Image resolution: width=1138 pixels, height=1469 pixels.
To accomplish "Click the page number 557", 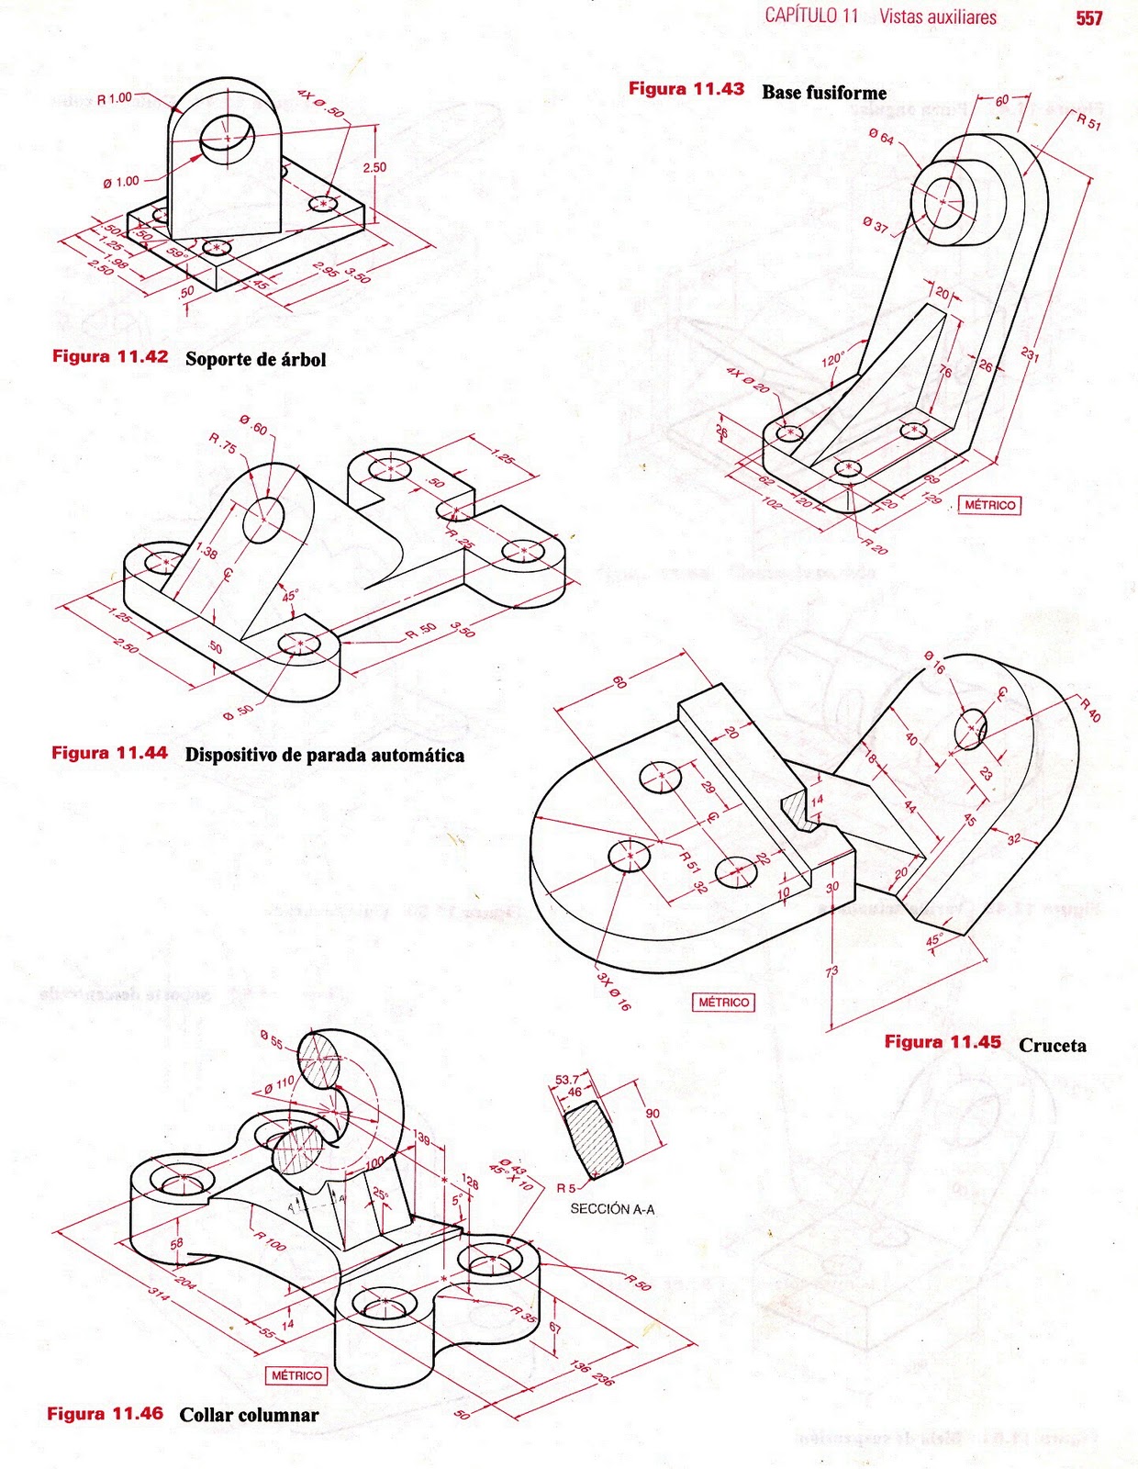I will pyautogui.click(x=1088, y=18).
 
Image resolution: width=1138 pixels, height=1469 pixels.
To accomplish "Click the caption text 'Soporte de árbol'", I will pyautogui.click(x=255, y=359).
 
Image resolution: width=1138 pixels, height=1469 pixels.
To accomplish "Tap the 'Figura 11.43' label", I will pyautogui.click(x=686, y=89).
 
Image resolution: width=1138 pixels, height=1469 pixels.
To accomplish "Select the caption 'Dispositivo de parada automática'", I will pyautogui.click(x=324, y=755).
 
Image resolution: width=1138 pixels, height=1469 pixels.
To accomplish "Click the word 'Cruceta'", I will pyautogui.click(x=1052, y=1045).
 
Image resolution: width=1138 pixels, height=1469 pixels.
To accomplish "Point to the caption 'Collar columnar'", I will pyautogui.click(x=249, y=1414).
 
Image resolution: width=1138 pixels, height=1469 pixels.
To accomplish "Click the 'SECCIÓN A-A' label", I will pyautogui.click(x=612, y=1209).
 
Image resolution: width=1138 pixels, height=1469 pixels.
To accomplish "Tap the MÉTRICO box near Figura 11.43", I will pyautogui.click(x=989, y=505).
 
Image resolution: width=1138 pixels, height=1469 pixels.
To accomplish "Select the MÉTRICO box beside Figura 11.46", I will pyautogui.click(x=296, y=1375).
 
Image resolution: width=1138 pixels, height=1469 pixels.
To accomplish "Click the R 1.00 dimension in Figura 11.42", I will pyautogui.click(x=115, y=98).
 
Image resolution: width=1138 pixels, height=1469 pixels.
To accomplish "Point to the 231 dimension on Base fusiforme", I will pyautogui.click(x=1030, y=353).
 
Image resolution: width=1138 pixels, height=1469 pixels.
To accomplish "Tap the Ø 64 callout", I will pyautogui.click(x=881, y=138).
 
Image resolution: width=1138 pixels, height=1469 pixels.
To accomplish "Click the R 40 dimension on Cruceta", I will pyautogui.click(x=1090, y=710).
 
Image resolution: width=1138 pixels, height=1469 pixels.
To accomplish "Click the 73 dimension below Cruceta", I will pyautogui.click(x=832, y=971).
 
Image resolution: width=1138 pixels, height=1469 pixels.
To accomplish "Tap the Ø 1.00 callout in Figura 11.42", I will pyautogui.click(x=121, y=183).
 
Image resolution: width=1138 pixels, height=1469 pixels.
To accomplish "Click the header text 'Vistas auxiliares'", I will pyautogui.click(x=937, y=17).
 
